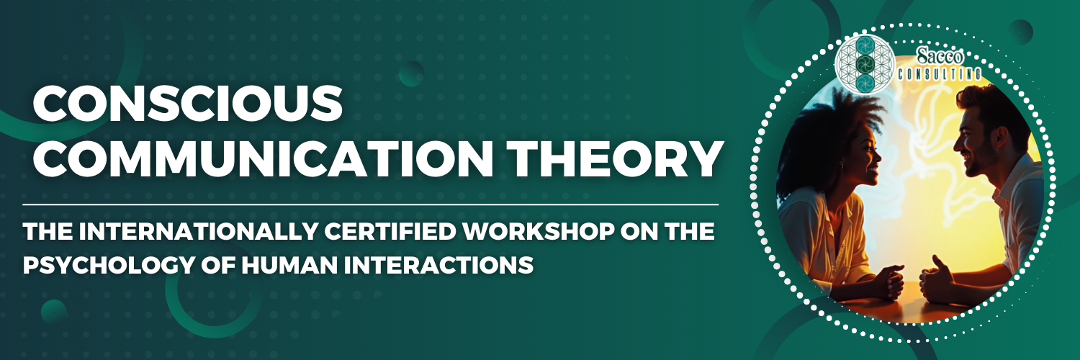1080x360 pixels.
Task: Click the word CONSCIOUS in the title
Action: (x=188, y=104)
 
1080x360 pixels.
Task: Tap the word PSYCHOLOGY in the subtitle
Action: (x=107, y=265)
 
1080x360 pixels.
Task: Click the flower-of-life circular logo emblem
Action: (x=865, y=63)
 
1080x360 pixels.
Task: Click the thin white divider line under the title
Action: (x=371, y=205)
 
